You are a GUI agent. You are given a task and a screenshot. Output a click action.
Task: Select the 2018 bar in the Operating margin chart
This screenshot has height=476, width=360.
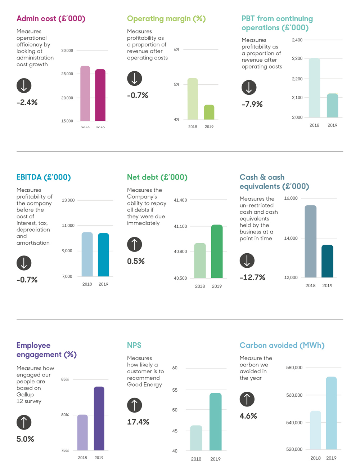click(193, 99)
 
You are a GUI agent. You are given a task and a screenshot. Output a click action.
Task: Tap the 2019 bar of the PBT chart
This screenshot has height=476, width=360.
click(332, 106)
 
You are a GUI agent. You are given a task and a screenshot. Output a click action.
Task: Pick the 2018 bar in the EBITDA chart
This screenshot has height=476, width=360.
click(87, 254)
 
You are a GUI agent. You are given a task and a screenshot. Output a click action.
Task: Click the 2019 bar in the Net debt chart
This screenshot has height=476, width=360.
click(217, 252)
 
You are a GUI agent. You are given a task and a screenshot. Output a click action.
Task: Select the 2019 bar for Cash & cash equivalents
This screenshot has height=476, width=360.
click(327, 261)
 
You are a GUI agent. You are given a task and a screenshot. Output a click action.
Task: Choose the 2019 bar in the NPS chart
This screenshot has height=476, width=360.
click(215, 422)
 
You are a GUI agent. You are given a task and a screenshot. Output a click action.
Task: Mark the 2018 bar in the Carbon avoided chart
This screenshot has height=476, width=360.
click(315, 430)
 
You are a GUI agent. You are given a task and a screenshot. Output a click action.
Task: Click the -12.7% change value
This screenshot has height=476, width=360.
click(252, 277)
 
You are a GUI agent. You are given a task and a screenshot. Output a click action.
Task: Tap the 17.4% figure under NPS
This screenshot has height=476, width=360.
click(138, 422)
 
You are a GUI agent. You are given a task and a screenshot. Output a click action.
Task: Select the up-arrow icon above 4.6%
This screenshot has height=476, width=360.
click(247, 399)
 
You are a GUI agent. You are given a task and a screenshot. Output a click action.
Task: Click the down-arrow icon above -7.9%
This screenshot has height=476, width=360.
click(249, 88)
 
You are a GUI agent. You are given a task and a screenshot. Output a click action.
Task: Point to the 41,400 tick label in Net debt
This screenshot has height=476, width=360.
click(180, 200)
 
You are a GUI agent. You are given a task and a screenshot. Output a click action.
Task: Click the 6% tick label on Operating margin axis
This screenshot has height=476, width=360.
click(176, 49)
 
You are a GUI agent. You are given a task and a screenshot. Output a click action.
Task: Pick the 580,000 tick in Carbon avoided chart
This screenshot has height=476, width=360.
click(294, 368)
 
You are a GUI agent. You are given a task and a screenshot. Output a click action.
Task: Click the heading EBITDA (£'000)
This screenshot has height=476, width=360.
click(44, 177)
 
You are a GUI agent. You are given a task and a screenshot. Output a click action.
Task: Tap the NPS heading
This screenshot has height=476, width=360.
click(134, 345)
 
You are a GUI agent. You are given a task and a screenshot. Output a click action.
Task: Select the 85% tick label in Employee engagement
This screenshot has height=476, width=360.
click(65, 379)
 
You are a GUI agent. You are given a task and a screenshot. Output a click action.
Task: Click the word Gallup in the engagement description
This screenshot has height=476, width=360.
click(25, 395)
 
